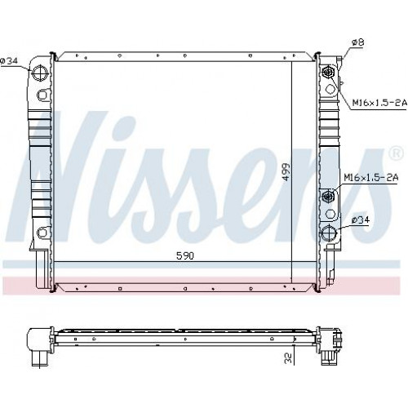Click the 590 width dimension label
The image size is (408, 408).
pos(185,255)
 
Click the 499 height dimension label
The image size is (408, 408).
pos(286,172)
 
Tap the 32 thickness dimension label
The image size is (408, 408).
pos(289,357)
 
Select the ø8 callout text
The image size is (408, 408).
pos(357,42)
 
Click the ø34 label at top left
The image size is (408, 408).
pos(9,61)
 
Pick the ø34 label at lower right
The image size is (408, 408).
pos(361,220)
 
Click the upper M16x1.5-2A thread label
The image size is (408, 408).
pos(379,103)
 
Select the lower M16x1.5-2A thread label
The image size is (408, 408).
pos(371,178)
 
